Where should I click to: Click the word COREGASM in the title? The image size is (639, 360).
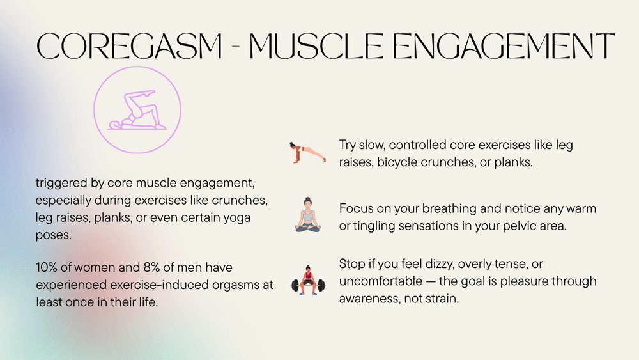(130, 46)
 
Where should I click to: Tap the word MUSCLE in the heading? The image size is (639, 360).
(316, 46)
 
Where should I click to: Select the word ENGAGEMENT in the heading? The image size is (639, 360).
(504, 46)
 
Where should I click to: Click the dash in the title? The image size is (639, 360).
(236, 47)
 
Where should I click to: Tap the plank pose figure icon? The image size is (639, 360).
(308, 153)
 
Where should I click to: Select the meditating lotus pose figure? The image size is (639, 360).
(308, 215)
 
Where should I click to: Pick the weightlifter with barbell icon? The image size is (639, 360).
(308, 280)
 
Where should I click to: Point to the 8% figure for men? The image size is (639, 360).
(151, 267)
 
